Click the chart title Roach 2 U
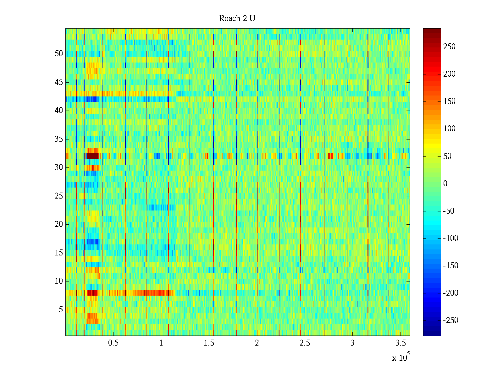(237, 19)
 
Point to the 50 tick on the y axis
(59, 54)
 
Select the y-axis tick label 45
(59, 82)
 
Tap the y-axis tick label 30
(59, 167)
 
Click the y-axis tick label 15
(59, 253)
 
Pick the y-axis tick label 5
(61, 310)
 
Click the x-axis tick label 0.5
(113, 343)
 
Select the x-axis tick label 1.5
(209, 343)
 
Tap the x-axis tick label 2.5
(305, 343)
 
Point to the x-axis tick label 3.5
(400, 343)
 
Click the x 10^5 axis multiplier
(401, 357)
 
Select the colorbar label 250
(449, 47)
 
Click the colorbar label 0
(445, 184)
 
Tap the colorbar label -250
(450, 320)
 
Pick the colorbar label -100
(450, 238)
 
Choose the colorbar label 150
(449, 101)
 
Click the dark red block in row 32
(92, 156)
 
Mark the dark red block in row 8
(92, 293)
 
